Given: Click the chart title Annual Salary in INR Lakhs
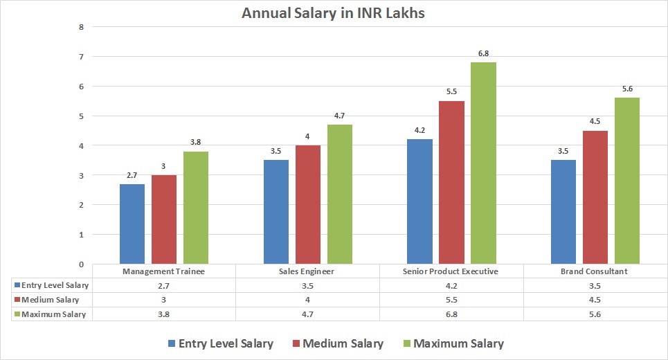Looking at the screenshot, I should point(334,13).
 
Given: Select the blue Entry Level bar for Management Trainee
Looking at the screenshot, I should point(132,224).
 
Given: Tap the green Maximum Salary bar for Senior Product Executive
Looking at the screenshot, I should point(483,163).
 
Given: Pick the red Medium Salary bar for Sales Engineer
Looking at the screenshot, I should point(308,204).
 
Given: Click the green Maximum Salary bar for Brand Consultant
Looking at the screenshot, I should point(627,181).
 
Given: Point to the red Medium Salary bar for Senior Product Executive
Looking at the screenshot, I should point(451,182).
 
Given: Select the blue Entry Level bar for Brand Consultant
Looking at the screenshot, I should point(563,212).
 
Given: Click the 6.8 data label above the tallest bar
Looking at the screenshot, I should point(483,53).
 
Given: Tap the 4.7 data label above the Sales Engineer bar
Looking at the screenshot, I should point(340,116).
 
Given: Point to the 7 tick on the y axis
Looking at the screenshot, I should point(81,57).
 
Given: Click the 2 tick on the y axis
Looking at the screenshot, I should point(81,205).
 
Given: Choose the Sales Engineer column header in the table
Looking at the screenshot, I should point(308,271).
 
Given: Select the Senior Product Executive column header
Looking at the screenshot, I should point(451,271).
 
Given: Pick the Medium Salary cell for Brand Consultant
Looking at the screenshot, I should point(595,300).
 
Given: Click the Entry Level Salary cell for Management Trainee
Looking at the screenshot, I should point(164,285).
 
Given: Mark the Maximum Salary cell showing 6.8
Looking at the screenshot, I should point(451,314).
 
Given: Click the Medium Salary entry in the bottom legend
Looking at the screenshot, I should point(338,343).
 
